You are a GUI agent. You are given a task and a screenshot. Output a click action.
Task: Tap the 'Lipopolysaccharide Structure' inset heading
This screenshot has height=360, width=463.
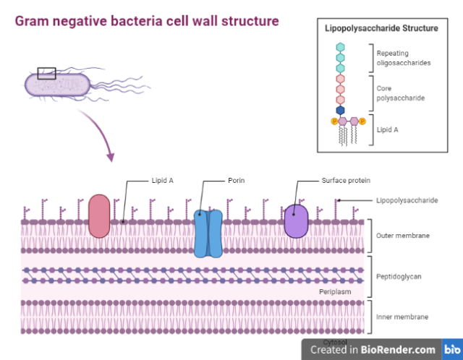(381, 28)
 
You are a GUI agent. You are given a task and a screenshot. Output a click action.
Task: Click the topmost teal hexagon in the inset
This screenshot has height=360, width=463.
(341, 46)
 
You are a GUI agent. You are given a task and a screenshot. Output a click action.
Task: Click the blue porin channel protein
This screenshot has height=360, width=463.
(208, 233)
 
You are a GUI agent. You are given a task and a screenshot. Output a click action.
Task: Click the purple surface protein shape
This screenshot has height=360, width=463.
(296, 220)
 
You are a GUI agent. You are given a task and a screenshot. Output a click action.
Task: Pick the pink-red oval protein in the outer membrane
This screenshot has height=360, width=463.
(99, 216)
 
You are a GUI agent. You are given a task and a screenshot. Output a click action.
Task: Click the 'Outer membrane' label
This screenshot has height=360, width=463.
(402, 236)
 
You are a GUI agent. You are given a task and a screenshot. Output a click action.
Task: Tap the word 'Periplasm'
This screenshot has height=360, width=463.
(335, 291)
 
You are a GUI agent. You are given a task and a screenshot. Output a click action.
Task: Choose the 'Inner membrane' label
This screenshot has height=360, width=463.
(402, 317)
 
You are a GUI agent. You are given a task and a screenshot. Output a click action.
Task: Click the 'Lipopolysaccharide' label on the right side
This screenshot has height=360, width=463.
(407, 200)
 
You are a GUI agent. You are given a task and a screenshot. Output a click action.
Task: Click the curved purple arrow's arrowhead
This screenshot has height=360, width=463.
(110, 157)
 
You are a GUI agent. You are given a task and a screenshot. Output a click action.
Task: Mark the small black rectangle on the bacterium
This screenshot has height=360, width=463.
(46, 73)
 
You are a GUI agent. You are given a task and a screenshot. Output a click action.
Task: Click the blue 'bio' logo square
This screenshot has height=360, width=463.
(451, 349)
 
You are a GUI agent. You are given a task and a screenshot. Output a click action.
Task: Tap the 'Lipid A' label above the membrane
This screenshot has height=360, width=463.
(162, 180)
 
